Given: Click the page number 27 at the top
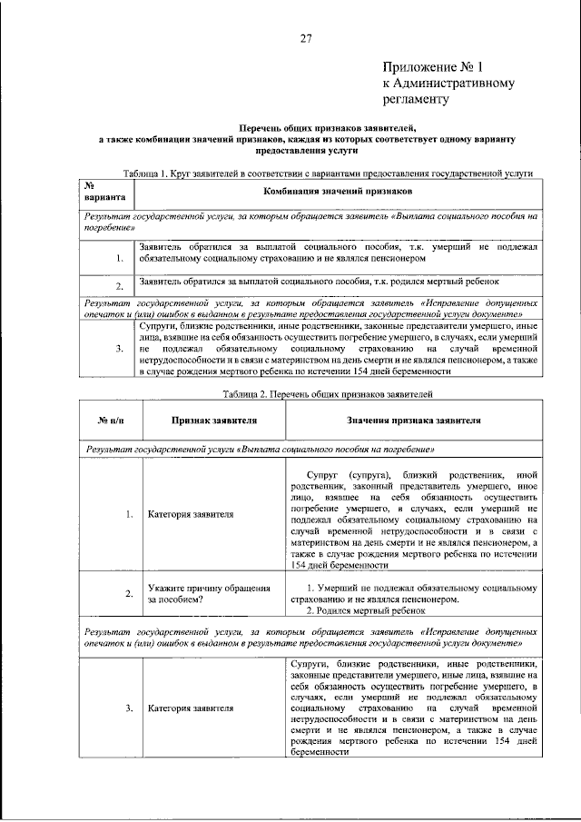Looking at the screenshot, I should tap(306, 37).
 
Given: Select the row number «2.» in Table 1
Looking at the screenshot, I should tap(119, 286).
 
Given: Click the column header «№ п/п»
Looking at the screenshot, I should tap(109, 421).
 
